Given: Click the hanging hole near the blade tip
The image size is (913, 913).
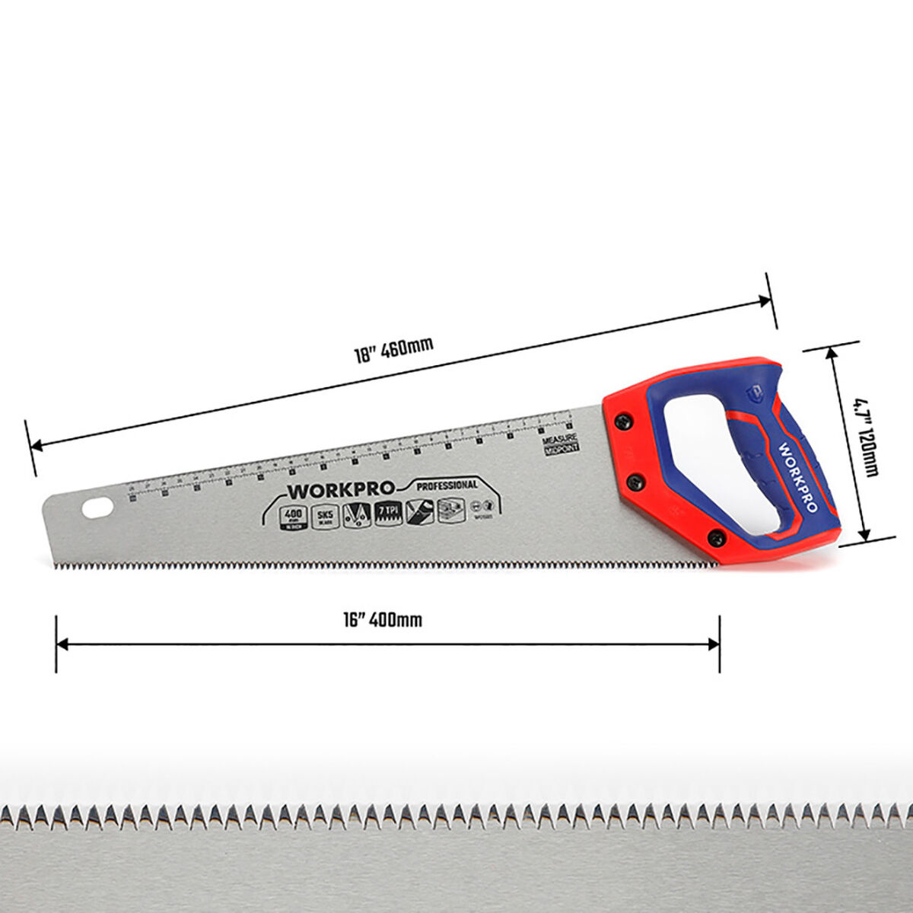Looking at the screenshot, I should click(97, 507).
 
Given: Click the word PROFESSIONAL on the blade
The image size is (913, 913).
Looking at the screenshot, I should click(447, 485).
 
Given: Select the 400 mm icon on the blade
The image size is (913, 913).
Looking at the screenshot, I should click(293, 515).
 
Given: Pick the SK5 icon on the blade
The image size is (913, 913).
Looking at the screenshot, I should click(326, 514).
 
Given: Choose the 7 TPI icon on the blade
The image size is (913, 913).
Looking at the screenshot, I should click(388, 512).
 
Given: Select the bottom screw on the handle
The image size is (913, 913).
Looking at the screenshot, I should click(714, 536).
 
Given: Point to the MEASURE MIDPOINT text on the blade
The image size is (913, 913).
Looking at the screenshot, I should click(561, 444).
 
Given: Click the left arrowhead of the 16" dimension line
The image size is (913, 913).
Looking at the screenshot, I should click(61, 644).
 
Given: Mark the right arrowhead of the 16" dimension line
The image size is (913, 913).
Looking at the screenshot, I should click(714, 644).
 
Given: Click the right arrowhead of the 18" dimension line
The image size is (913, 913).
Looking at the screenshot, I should click(767, 302).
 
